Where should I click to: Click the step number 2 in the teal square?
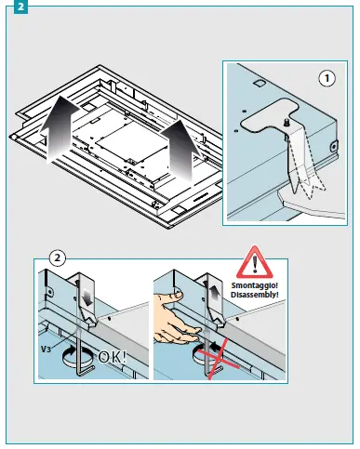20,7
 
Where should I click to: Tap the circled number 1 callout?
327,78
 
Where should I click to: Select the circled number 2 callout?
58,258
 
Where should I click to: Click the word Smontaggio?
255,285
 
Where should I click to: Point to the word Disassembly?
255,295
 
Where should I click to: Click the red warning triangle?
255,262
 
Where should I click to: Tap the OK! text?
112,357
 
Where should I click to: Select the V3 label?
46,349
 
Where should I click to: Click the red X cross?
219,359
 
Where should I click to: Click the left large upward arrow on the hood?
60,129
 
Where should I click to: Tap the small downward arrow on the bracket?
87,297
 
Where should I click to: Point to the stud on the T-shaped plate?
287,122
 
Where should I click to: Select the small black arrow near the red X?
215,344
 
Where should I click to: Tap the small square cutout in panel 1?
258,83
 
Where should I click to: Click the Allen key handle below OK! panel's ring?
86,371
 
